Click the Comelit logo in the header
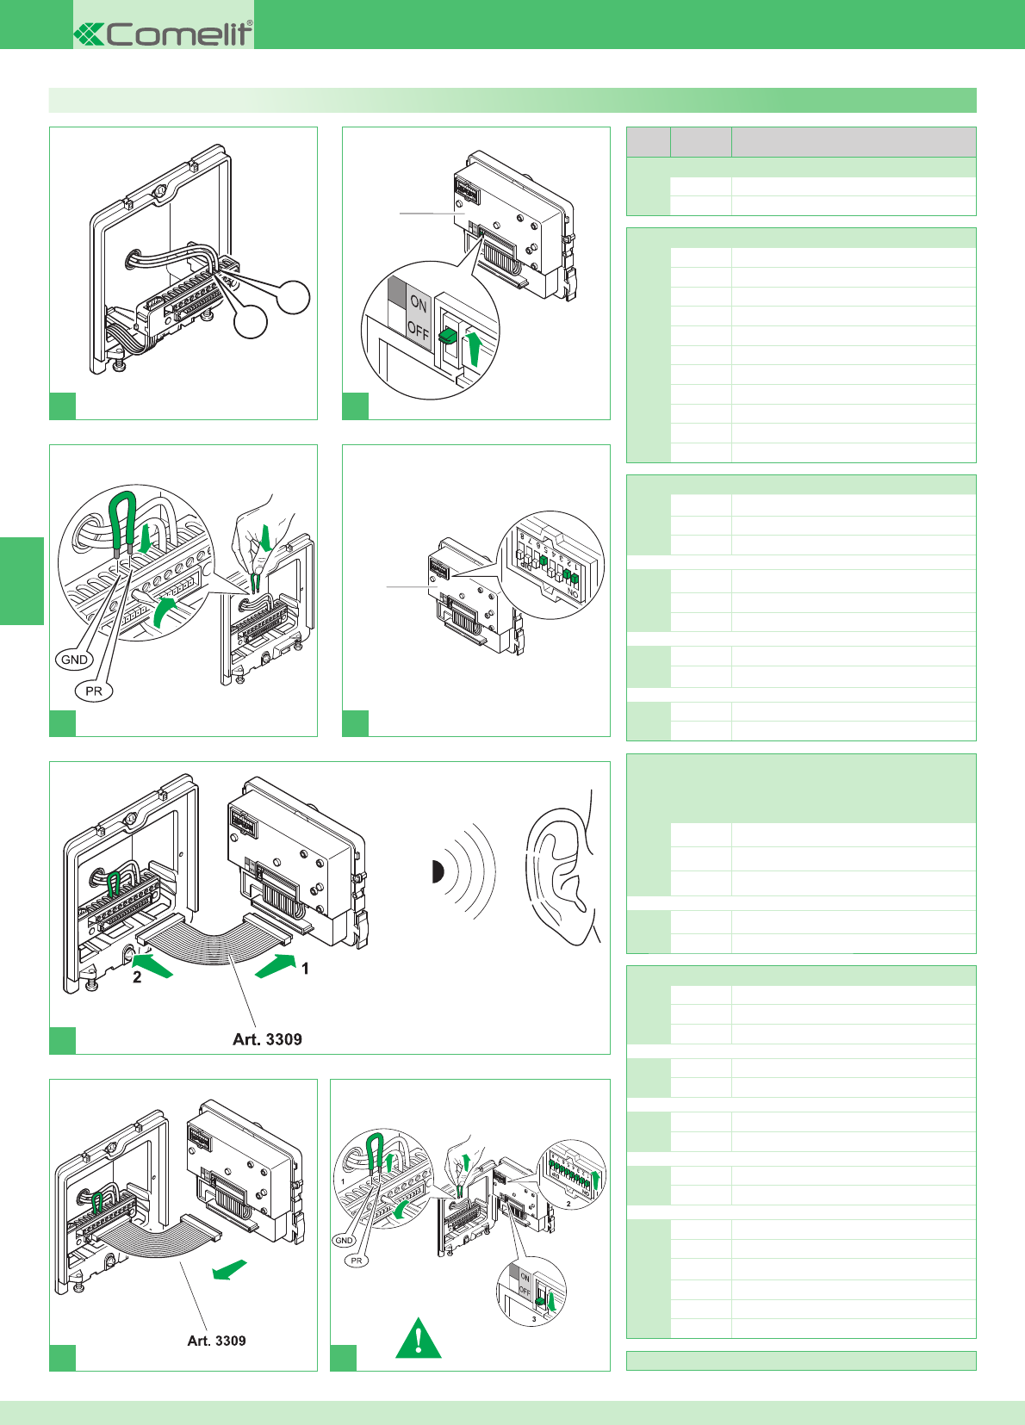(164, 33)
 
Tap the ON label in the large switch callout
(419, 303)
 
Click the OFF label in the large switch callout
(418, 331)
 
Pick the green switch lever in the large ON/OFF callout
(448, 336)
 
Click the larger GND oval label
(74, 660)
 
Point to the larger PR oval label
(94, 691)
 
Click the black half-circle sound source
(437, 872)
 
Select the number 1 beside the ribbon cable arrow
(305, 969)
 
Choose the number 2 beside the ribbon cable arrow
(137, 977)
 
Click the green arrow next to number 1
(276, 965)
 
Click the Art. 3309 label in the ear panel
(267, 1039)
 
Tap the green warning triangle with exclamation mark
(418, 1340)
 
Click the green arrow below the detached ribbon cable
(230, 1270)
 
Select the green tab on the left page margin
(22, 580)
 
